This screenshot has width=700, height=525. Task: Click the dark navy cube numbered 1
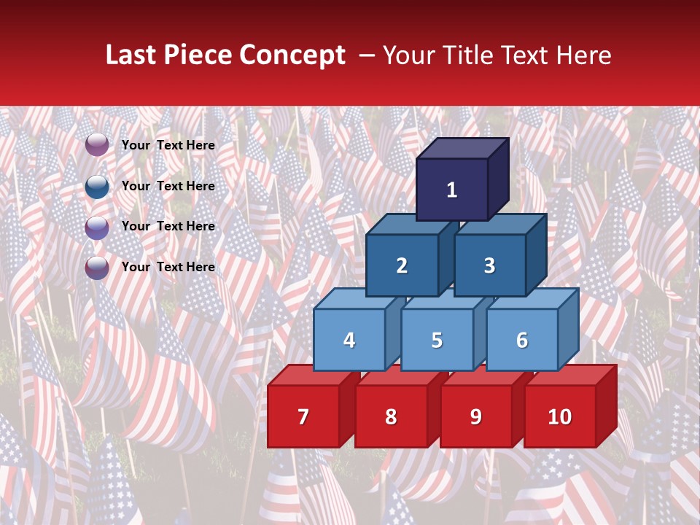tap(452, 190)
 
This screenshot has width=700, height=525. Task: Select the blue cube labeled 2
tap(402, 265)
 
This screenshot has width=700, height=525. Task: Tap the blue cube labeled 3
tap(489, 265)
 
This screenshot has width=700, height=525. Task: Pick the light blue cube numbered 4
tap(349, 340)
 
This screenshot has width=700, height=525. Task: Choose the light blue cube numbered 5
tap(437, 340)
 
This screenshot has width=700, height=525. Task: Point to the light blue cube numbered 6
tap(522, 340)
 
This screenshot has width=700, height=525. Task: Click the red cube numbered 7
tap(303, 416)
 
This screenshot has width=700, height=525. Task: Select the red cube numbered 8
tap(391, 416)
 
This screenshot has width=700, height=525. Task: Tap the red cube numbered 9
tap(475, 416)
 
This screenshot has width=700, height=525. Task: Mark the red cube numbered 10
tap(560, 416)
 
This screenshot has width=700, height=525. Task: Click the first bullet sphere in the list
tap(97, 145)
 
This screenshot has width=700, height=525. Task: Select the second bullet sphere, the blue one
tap(97, 186)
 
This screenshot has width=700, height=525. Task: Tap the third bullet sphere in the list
tap(97, 227)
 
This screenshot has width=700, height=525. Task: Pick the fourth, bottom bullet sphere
tap(97, 267)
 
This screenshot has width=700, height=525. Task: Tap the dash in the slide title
tap(367, 56)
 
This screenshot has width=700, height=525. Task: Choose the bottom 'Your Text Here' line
tap(168, 267)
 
